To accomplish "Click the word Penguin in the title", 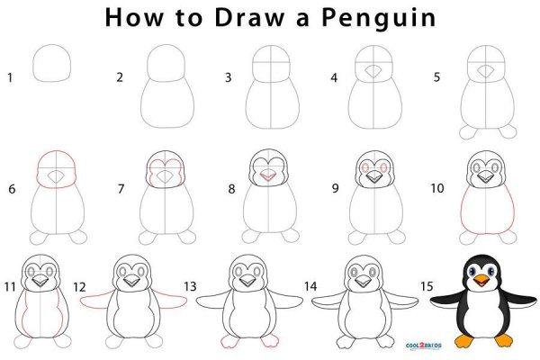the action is [379, 18].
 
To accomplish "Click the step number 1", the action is [10, 77].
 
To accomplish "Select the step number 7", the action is [121, 189].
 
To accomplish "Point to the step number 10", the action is [437, 188].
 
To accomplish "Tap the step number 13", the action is [190, 286].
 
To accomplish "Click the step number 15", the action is [427, 286].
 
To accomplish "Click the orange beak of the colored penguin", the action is [481, 281].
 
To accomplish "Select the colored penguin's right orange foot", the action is [503, 340].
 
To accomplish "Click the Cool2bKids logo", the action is [424, 346].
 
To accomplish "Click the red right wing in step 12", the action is [170, 298].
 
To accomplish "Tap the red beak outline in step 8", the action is [267, 175].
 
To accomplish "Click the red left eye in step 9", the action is [364, 167].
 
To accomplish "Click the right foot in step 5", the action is [508, 131].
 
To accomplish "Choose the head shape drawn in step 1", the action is [52, 63].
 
